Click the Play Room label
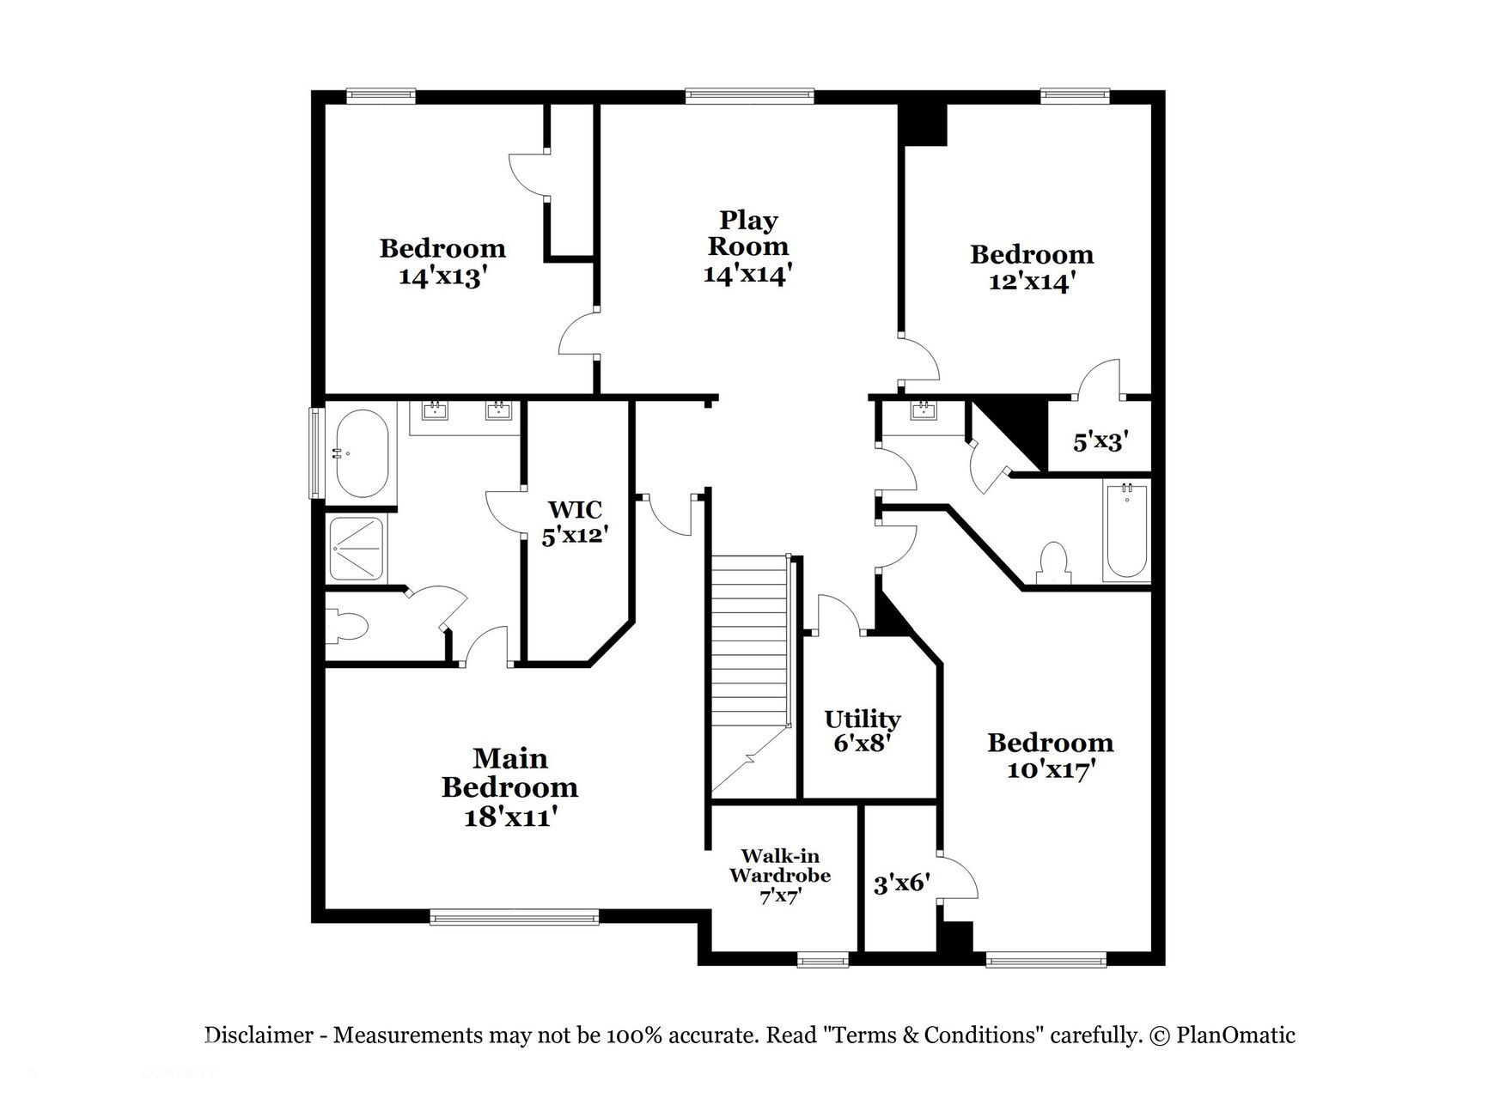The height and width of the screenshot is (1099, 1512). (747, 234)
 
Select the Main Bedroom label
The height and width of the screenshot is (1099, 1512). (509, 773)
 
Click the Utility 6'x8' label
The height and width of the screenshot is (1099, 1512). (862, 731)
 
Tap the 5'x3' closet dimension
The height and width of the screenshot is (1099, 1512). (1100, 441)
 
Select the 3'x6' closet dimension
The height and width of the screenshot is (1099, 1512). (902, 883)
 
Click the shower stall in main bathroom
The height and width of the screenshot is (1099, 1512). (358, 548)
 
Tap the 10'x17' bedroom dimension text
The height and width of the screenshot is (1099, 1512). (1049, 769)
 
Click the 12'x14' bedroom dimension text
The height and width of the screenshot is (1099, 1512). (1031, 282)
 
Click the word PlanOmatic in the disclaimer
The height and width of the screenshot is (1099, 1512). (1235, 1035)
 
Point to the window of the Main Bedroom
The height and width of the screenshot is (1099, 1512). (514, 919)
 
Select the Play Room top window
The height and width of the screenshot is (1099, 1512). (749, 96)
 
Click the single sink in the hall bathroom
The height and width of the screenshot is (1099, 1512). (924, 411)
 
